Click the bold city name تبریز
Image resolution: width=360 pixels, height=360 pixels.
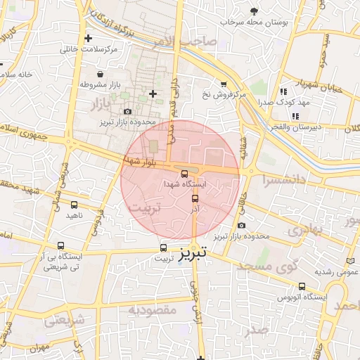(x=192, y=253)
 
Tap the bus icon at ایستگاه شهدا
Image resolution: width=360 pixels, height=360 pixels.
(x=184, y=173)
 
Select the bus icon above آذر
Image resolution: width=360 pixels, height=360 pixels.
(x=195, y=198)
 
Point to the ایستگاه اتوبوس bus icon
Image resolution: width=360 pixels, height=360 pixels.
(x=302, y=286)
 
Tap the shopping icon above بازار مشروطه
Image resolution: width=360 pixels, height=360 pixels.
(x=101, y=74)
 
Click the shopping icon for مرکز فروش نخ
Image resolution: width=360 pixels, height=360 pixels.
(x=224, y=84)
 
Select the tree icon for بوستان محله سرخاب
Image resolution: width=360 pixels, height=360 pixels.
(x=254, y=11)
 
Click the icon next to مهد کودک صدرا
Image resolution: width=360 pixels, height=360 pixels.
(x=283, y=91)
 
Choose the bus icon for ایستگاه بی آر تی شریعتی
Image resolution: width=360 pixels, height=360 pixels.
(x=61, y=247)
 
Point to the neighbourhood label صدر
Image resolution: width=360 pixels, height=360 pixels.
(x=257, y=329)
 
